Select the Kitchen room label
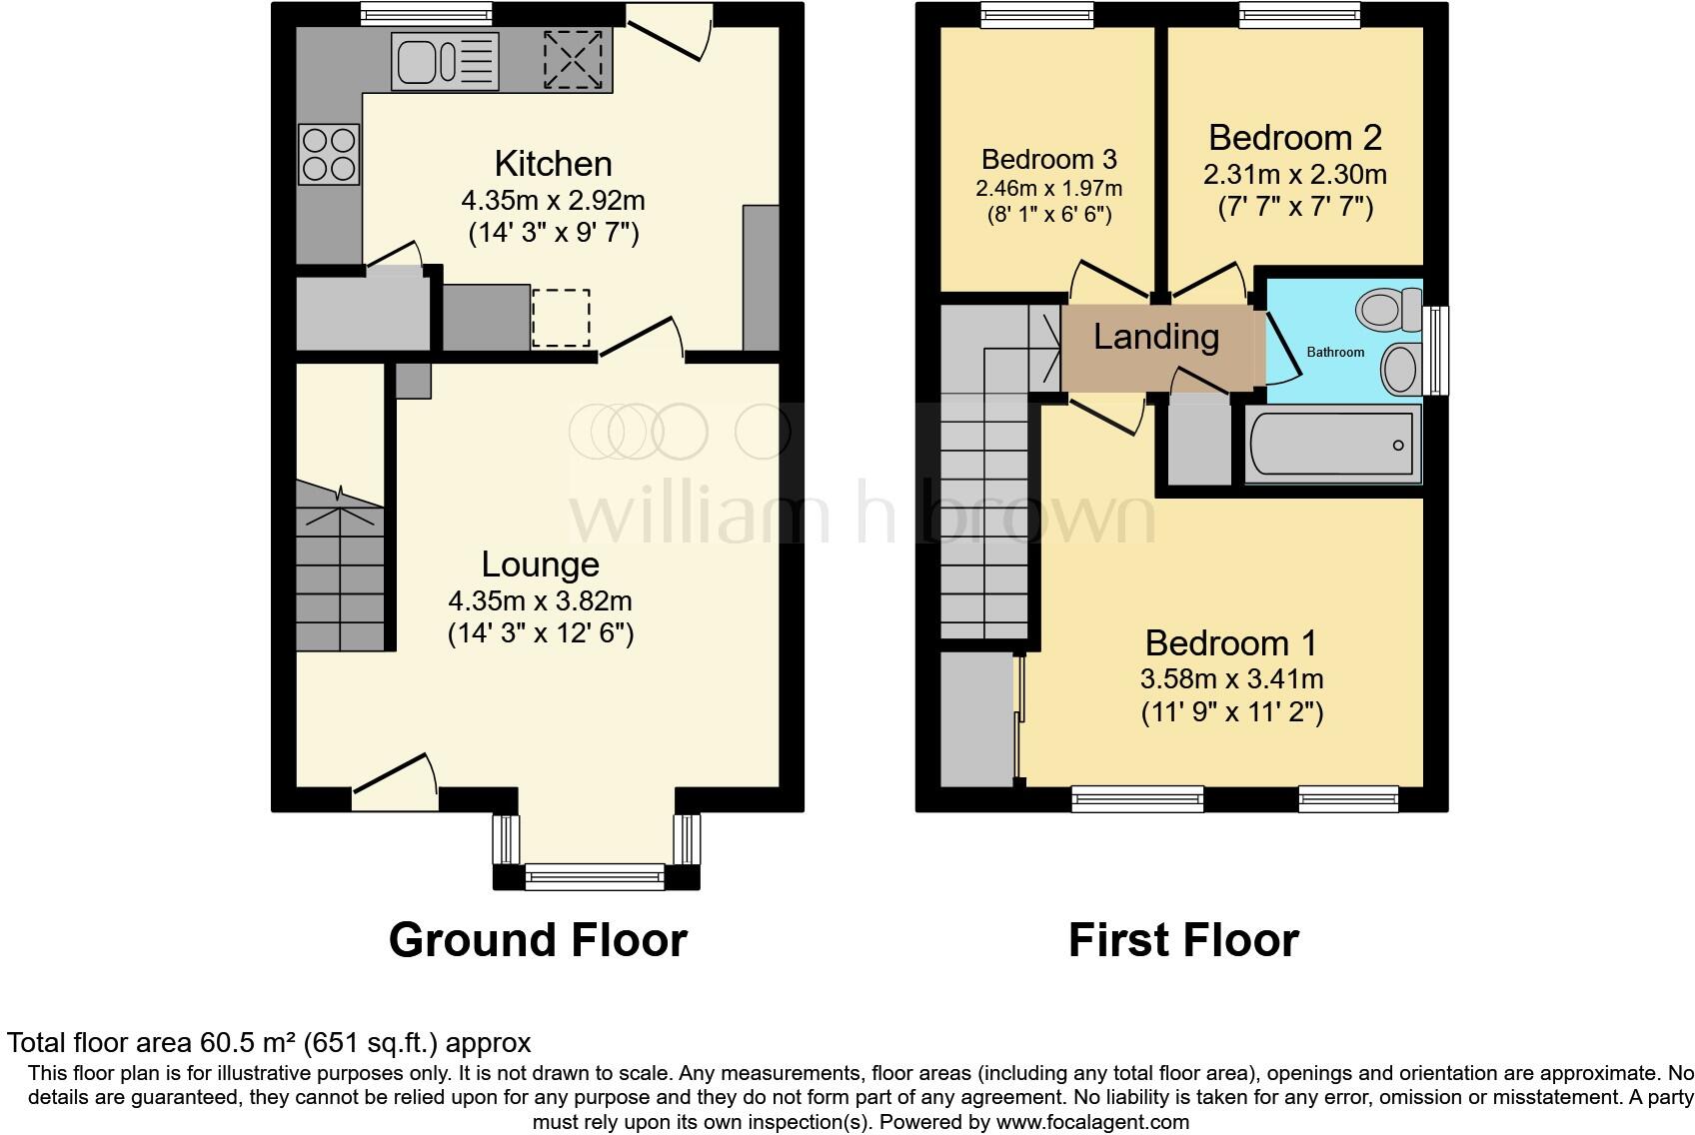pyautogui.click(x=553, y=164)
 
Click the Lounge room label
pyautogui.click(x=540, y=565)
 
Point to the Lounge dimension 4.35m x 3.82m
pyautogui.click(x=540, y=601)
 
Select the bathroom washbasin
pyautogui.click(x=1399, y=369)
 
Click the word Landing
pyautogui.click(x=1156, y=337)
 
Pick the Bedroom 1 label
pyautogui.click(x=1231, y=642)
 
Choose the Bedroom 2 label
pyautogui.click(x=1295, y=138)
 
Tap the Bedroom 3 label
pyautogui.click(x=1049, y=159)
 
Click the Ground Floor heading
pyautogui.click(x=538, y=940)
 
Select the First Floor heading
pyautogui.click(x=1183, y=940)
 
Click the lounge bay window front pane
pyautogui.click(x=595, y=877)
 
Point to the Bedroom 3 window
pyautogui.click(x=1037, y=13)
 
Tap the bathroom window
pyautogui.click(x=1436, y=349)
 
